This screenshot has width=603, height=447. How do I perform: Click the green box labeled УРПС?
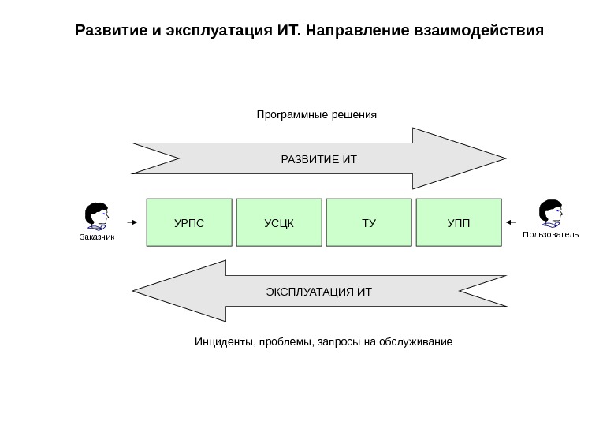189,223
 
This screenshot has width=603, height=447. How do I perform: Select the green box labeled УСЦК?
279,223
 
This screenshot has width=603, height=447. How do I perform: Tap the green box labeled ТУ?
369,223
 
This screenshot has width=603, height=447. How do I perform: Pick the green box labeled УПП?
458,223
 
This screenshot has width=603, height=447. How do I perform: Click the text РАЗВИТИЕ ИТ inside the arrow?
319,160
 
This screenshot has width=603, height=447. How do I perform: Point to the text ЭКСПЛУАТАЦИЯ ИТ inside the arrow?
319,292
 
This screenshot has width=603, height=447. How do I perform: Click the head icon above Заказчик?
97,215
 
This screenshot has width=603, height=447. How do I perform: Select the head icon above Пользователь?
550,213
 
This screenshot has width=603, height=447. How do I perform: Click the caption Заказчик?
97,237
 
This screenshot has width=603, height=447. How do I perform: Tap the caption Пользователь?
550,234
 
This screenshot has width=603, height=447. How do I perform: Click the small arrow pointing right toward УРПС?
132,223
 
